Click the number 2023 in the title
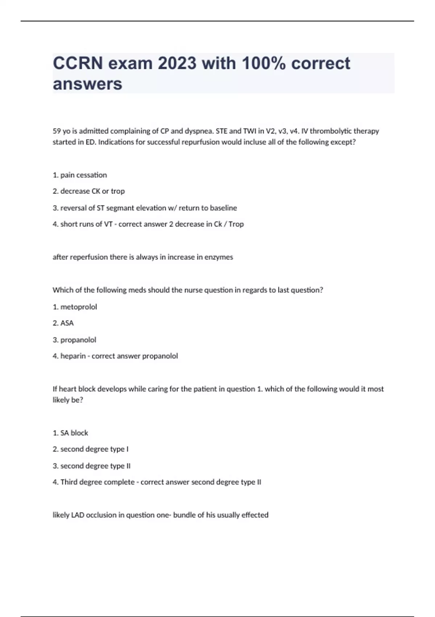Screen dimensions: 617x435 click(x=177, y=64)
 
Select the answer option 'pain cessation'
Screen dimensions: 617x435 click(x=83, y=175)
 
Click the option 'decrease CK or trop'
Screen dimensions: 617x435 click(x=92, y=191)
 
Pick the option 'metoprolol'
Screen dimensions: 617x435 click(x=78, y=307)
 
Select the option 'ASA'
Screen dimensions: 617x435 click(x=67, y=323)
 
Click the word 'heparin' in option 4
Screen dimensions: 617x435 click(x=73, y=356)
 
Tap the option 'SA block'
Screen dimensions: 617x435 click(x=74, y=433)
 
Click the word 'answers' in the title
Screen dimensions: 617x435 click(x=87, y=84)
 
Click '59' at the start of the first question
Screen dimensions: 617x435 click(x=57, y=131)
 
